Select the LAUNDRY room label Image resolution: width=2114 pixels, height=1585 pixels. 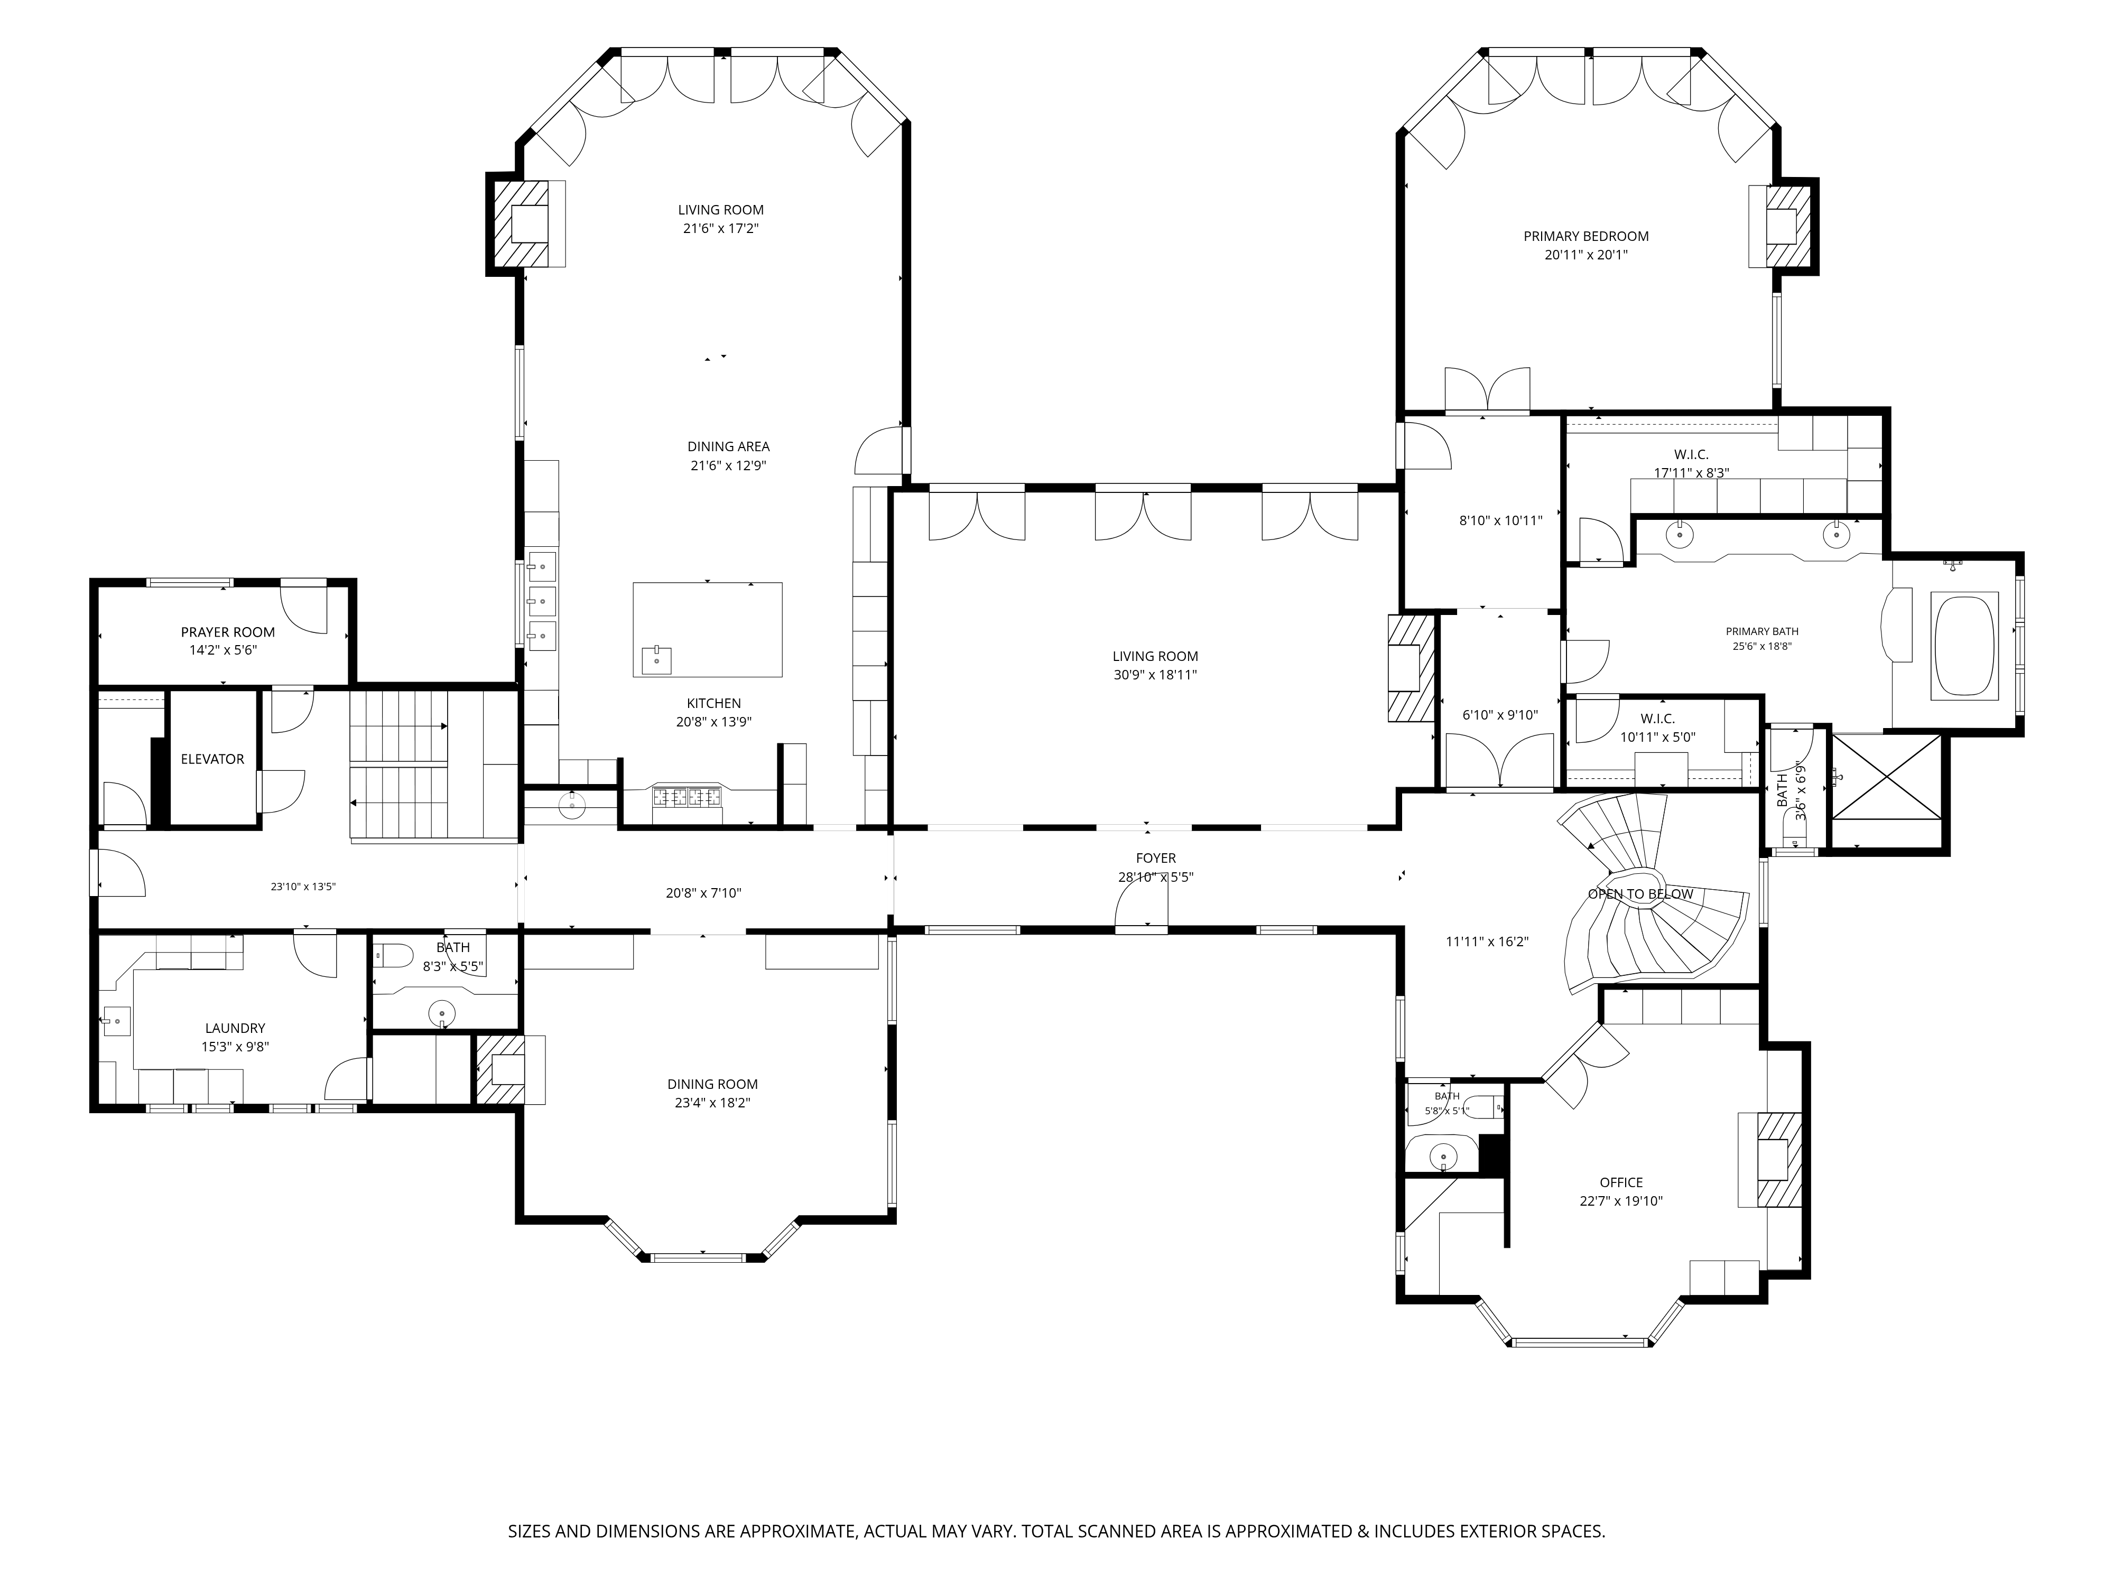click(235, 1028)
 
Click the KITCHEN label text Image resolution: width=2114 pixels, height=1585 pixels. click(714, 703)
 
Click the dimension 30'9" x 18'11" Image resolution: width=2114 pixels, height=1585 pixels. click(1155, 675)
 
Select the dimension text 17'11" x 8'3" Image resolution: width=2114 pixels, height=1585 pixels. click(1692, 472)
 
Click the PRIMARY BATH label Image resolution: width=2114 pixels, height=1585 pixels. click(1763, 631)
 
